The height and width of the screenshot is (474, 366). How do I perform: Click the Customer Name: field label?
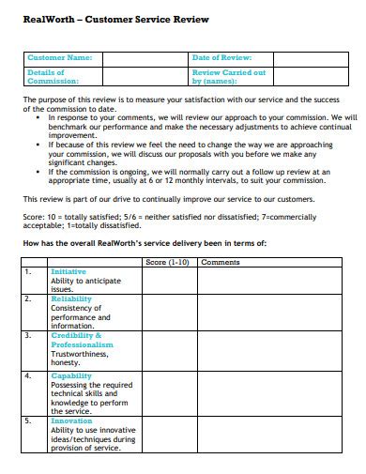[60, 58]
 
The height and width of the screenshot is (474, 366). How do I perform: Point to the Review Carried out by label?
[228, 76]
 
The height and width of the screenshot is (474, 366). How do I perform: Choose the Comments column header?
[221, 263]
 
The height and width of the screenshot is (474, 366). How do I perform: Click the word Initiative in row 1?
[69, 271]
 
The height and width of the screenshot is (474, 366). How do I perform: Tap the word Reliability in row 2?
[71, 299]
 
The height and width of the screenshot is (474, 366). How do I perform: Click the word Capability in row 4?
[71, 375]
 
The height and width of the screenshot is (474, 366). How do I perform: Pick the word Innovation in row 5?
[71, 421]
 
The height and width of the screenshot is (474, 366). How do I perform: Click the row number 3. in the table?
[28, 335]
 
